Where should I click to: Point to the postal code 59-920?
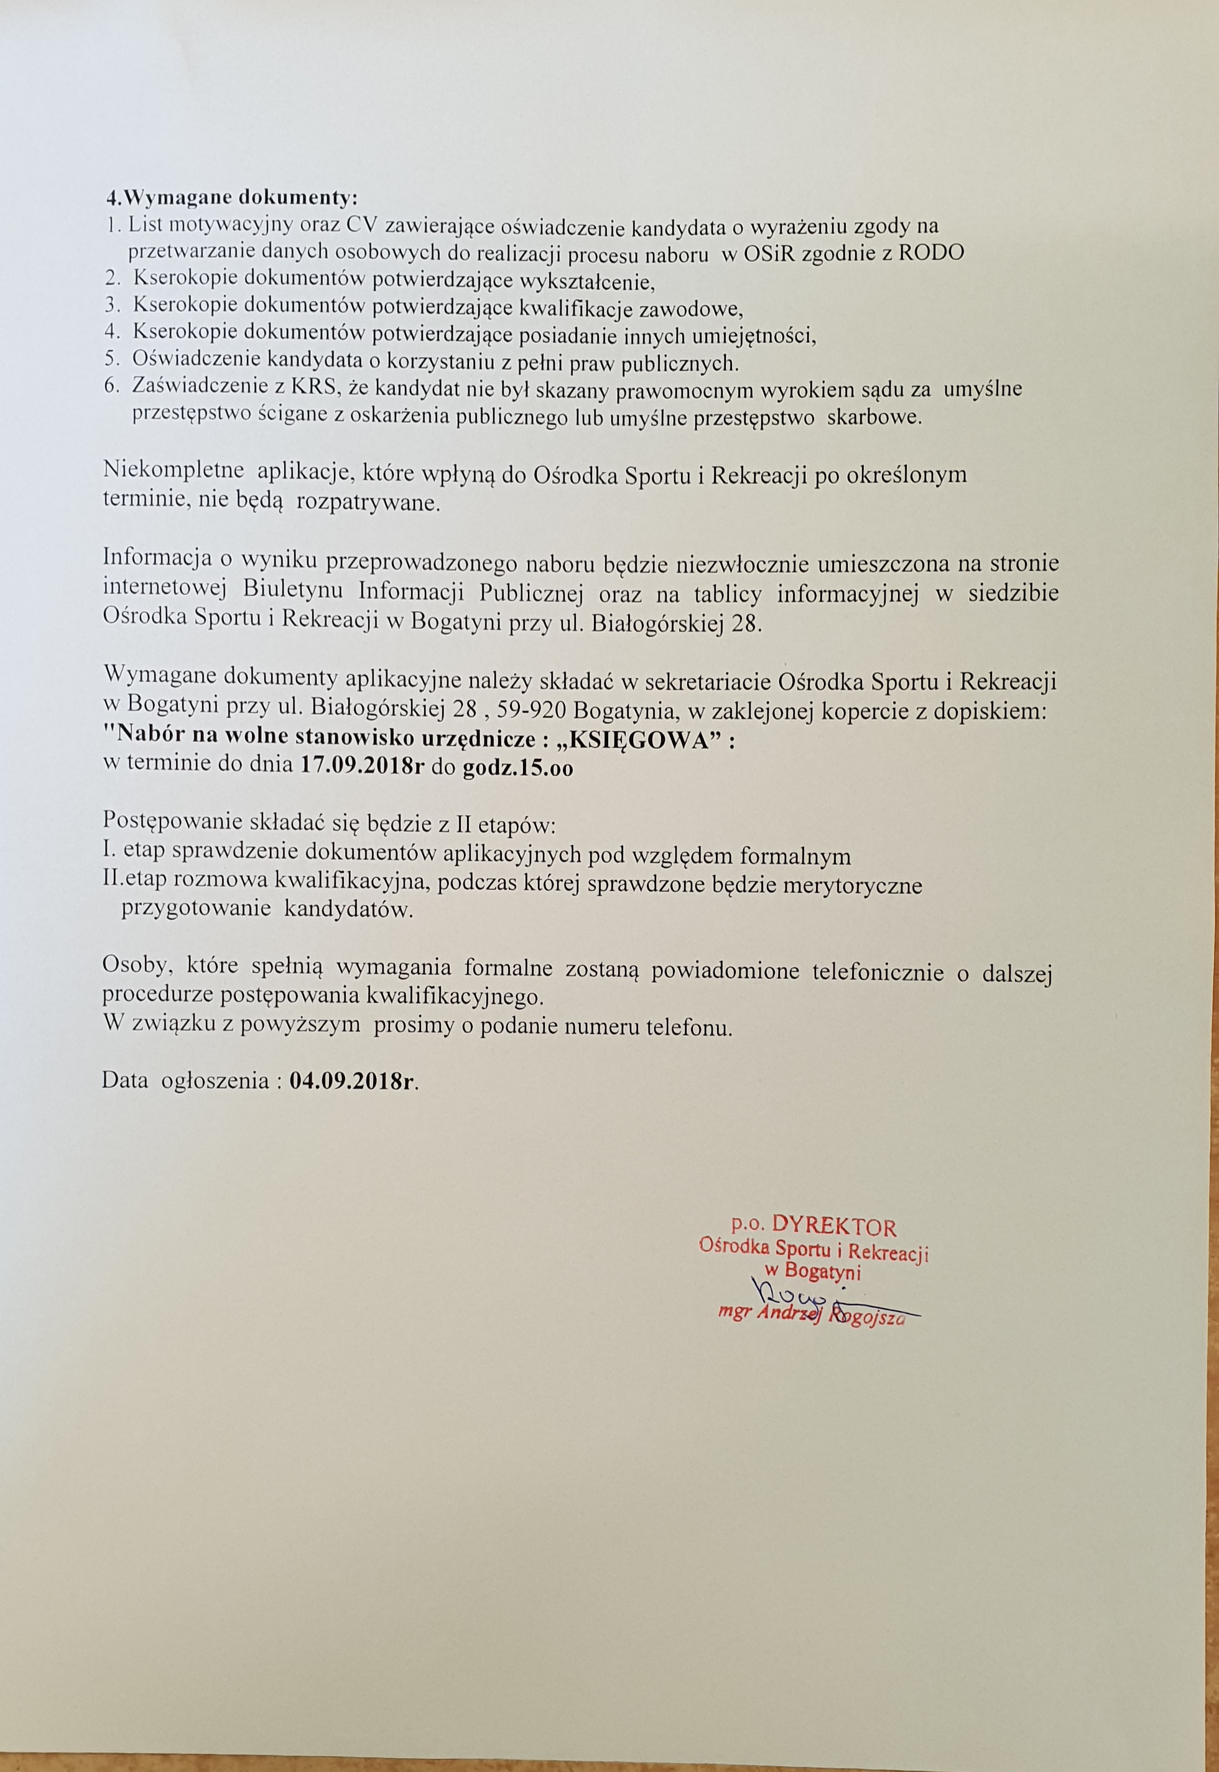tap(529, 711)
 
